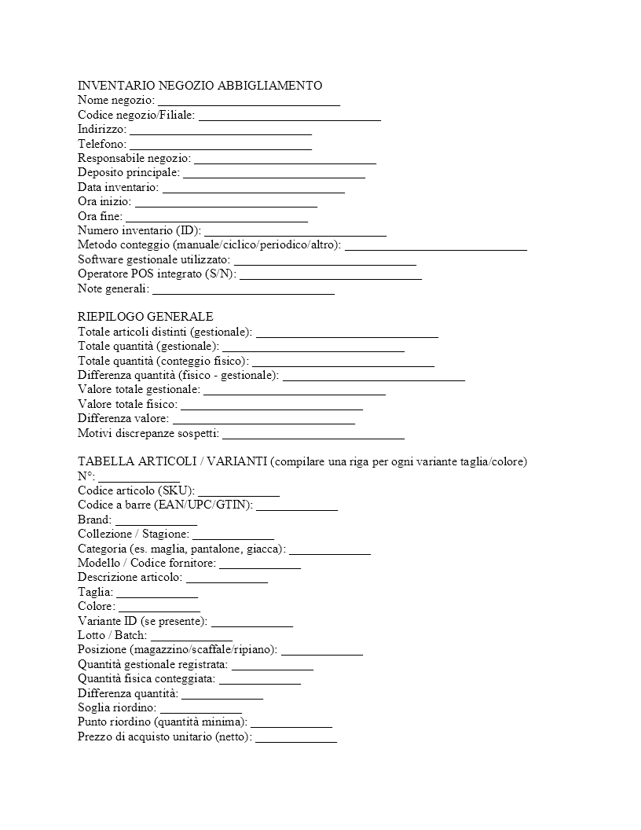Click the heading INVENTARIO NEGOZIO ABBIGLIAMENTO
pos(200,86)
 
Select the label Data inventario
pos(118,187)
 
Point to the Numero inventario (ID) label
pos(139,230)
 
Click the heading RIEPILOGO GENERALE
pos(145,317)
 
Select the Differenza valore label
pos(123,418)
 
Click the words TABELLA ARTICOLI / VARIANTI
pos(172,461)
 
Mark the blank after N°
pos(139,477)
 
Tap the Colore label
pos(96,607)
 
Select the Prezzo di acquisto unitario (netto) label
pos(164,737)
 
